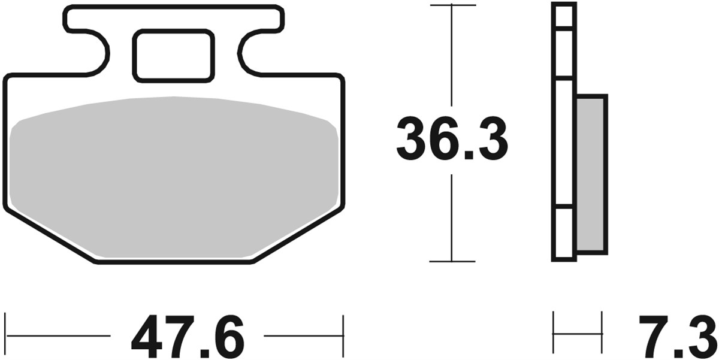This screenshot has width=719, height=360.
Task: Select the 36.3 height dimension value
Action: coord(452,140)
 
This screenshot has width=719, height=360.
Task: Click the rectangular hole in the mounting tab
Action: coord(173,56)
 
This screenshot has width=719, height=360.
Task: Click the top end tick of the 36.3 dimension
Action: coord(452,5)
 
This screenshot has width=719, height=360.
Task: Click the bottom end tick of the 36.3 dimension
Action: coord(452,262)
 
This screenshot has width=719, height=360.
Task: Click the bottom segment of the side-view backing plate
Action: coord(564,234)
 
